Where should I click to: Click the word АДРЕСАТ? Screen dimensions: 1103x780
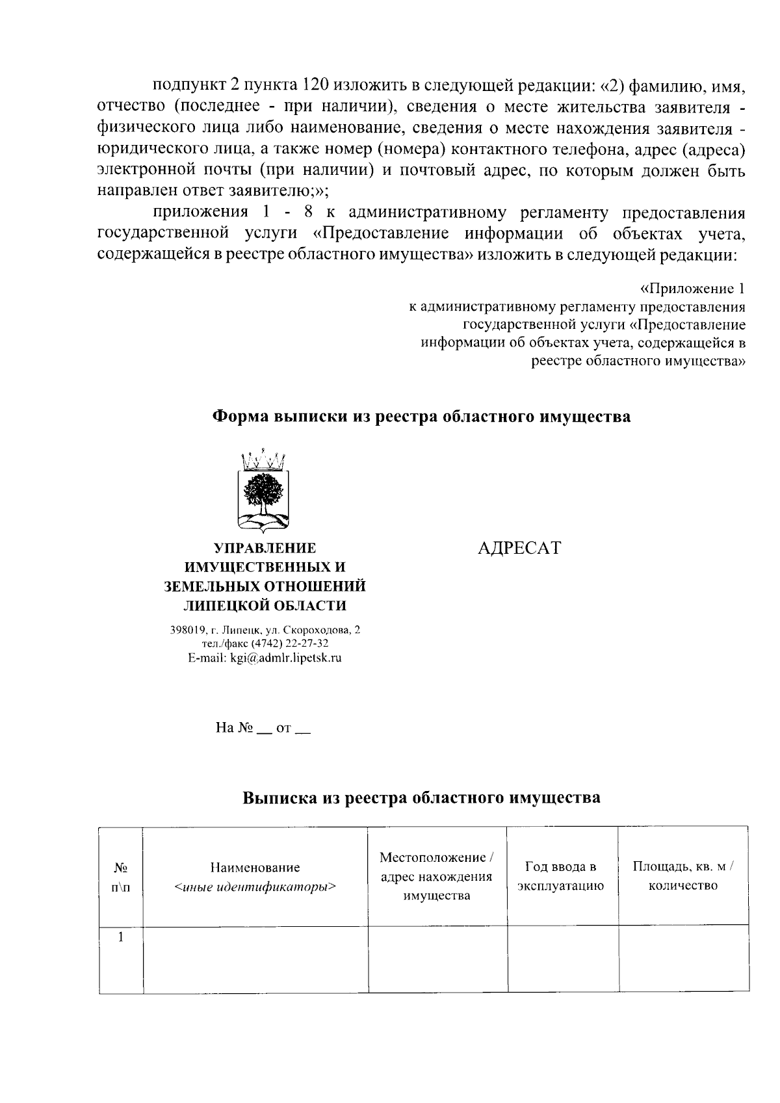click(518, 548)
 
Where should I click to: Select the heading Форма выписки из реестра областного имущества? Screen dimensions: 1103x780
click(422, 417)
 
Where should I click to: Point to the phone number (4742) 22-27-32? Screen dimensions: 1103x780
click(285, 643)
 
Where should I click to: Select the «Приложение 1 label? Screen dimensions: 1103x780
click(692, 289)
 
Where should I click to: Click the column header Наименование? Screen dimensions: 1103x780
click(255, 867)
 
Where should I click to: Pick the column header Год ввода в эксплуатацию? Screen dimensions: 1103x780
click(560, 876)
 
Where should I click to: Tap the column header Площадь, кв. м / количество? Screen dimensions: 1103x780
click(682, 876)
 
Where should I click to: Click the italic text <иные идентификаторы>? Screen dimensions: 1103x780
click(255, 886)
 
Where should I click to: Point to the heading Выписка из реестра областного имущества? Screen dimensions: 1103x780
click(421, 798)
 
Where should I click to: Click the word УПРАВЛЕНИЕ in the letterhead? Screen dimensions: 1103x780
click(265, 548)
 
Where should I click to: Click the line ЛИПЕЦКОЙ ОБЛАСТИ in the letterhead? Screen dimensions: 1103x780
click(265, 606)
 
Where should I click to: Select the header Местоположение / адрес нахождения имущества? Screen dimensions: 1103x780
click(437, 876)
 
